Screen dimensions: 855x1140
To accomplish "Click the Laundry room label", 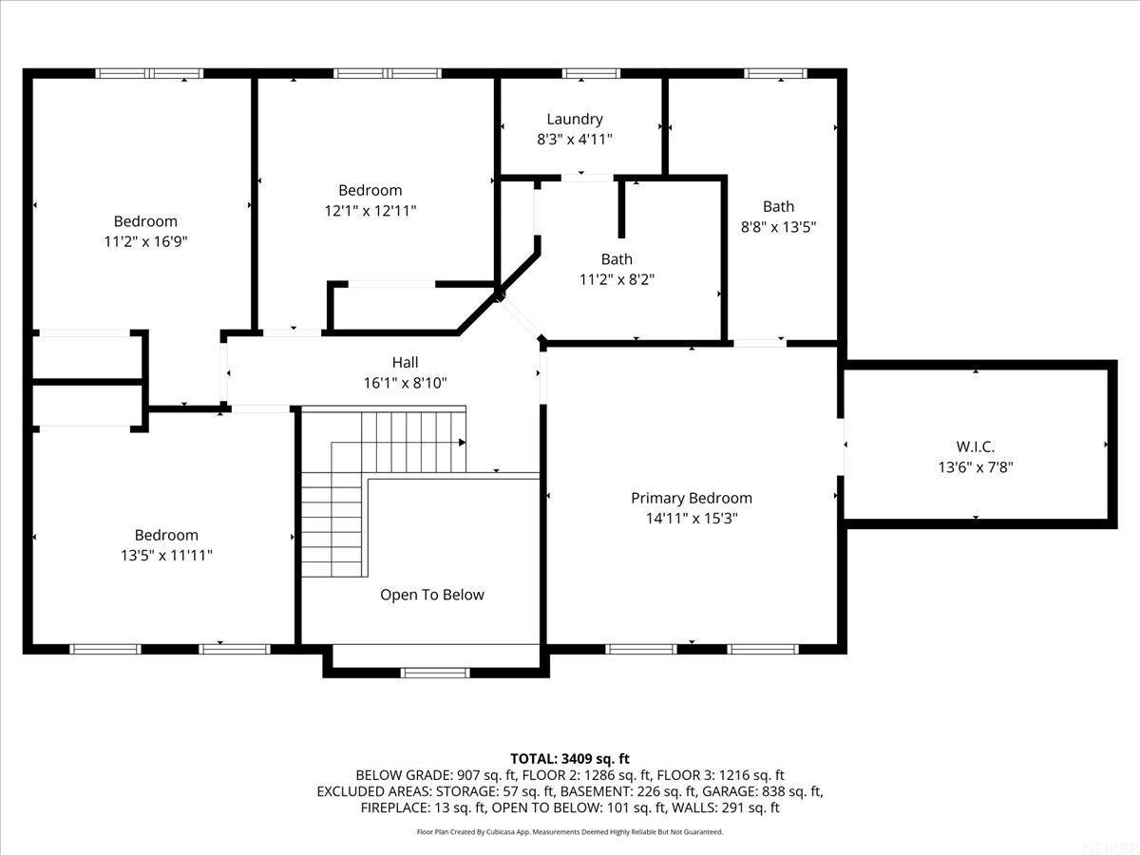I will click(x=574, y=119).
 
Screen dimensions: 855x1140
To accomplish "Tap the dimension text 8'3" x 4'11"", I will click(x=574, y=139).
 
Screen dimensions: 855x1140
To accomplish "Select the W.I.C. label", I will click(x=975, y=446).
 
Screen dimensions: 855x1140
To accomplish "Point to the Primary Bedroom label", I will click(x=691, y=498).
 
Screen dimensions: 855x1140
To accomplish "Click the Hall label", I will click(x=405, y=362).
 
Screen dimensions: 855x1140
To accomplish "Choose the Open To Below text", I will click(x=431, y=595).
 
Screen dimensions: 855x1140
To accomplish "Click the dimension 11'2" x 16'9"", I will click(x=145, y=241).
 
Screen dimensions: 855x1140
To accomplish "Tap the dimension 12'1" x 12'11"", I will click(x=370, y=210).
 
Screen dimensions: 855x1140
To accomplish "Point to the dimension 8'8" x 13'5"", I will click(x=778, y=226).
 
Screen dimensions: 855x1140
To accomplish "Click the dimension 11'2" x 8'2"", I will click(x=616, y=279).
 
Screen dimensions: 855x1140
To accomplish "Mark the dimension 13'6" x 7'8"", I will click(x=975, y=466).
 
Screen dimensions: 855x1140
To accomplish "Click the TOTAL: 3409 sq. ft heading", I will click(x=570, y=758).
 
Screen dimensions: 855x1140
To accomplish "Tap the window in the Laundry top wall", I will click(x=591, y=73).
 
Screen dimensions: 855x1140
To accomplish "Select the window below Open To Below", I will click(x=436, y=673).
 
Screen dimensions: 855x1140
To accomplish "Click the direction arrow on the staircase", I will click(x=461, y=442).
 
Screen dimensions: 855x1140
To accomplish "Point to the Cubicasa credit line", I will click(x=570, y=831).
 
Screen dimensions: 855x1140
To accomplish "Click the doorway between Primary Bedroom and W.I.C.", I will click(x=842, y=446).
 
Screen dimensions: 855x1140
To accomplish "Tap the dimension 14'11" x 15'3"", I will click(x=691, y=518).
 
